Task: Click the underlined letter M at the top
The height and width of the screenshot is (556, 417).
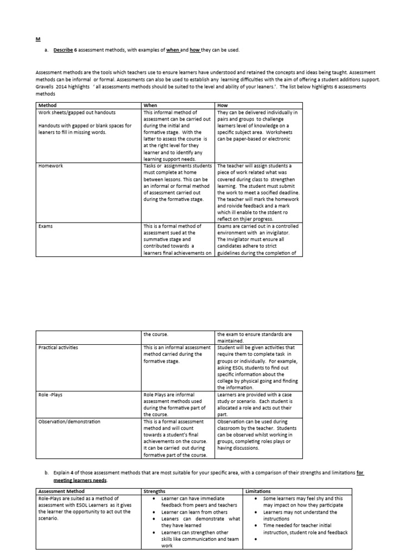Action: pos(37,39)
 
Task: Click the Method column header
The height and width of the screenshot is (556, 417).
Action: pos(47,105)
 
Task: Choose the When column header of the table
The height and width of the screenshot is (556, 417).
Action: pos(150,105)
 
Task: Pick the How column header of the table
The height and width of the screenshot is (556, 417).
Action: pos(222,105)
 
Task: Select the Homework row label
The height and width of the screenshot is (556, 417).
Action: pos(50,166)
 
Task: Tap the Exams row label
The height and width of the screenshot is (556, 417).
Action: pos(45,226)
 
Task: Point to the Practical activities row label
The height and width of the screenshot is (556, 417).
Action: pos(58,347)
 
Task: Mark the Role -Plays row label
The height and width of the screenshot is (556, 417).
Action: pos(50,395)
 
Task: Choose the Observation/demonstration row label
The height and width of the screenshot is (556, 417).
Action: pos(69,421)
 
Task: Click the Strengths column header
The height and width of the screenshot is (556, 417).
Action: pos(155,491)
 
